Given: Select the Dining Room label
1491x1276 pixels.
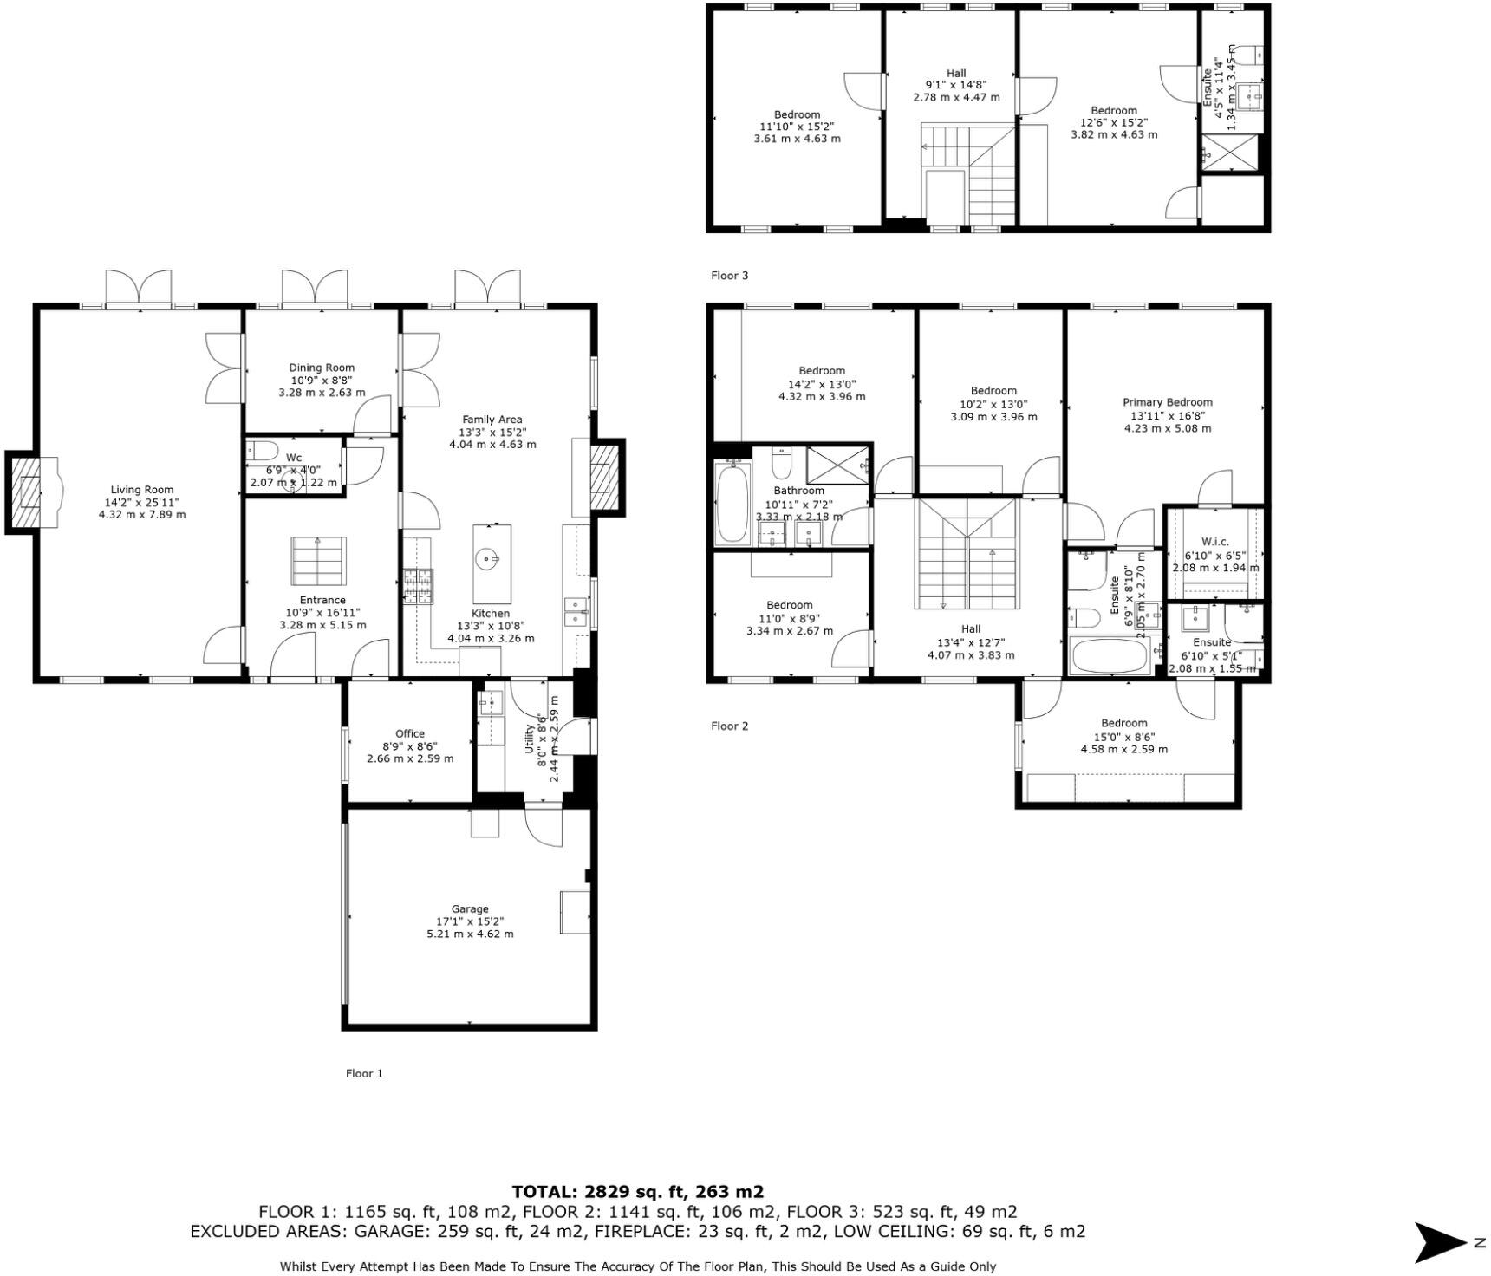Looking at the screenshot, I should [x=322, y=368].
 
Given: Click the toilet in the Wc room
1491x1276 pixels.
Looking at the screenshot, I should [x=261, y=450].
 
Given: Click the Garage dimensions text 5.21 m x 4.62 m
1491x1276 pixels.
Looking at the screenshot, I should [x=470, y=934].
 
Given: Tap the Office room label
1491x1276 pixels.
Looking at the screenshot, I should [x=409, y=733].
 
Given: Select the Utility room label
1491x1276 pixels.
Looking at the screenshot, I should [x=531, y=733].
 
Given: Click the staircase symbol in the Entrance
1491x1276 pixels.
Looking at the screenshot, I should [x=317, y=560].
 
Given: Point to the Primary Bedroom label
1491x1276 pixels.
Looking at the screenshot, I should [x=1167, y=402].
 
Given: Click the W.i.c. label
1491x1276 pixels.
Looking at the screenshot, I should [x=1214, y=542].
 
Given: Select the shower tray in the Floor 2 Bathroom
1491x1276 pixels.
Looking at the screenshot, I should [x=837, y=465].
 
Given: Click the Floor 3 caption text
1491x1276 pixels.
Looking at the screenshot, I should [x=729, y=276].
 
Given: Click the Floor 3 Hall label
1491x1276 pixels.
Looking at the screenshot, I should [x=956, y=74].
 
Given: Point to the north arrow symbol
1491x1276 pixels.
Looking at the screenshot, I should [x=1439, y=1242].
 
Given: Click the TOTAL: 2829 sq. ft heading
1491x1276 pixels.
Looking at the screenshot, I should [x=637, y=1192].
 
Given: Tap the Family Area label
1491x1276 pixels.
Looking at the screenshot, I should [x=492, y=420].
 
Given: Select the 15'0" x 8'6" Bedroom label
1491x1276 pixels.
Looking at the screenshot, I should [x=1123, y=723].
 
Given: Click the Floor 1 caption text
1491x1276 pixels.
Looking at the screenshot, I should [x=364, y=1073].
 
